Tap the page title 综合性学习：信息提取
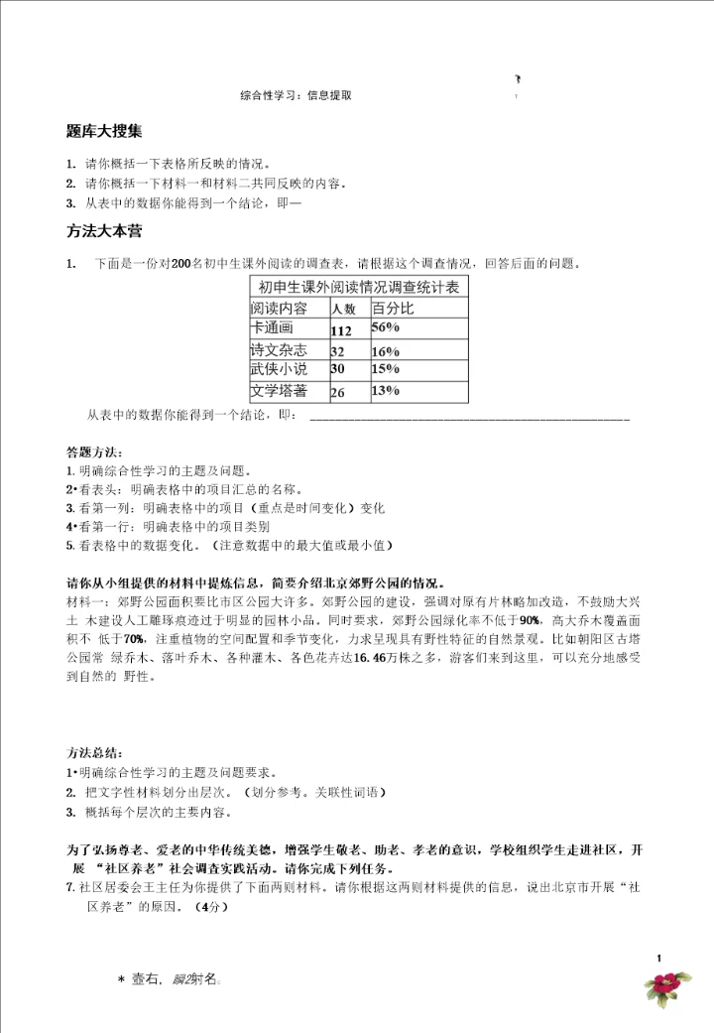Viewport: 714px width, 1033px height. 296,96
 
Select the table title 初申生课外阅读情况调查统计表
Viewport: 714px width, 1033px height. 359,287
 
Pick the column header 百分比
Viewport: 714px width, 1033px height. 392,308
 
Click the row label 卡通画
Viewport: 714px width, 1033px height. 273,327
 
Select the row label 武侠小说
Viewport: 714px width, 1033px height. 280,369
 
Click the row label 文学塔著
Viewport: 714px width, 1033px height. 280,390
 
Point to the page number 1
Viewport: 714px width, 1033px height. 658,957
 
